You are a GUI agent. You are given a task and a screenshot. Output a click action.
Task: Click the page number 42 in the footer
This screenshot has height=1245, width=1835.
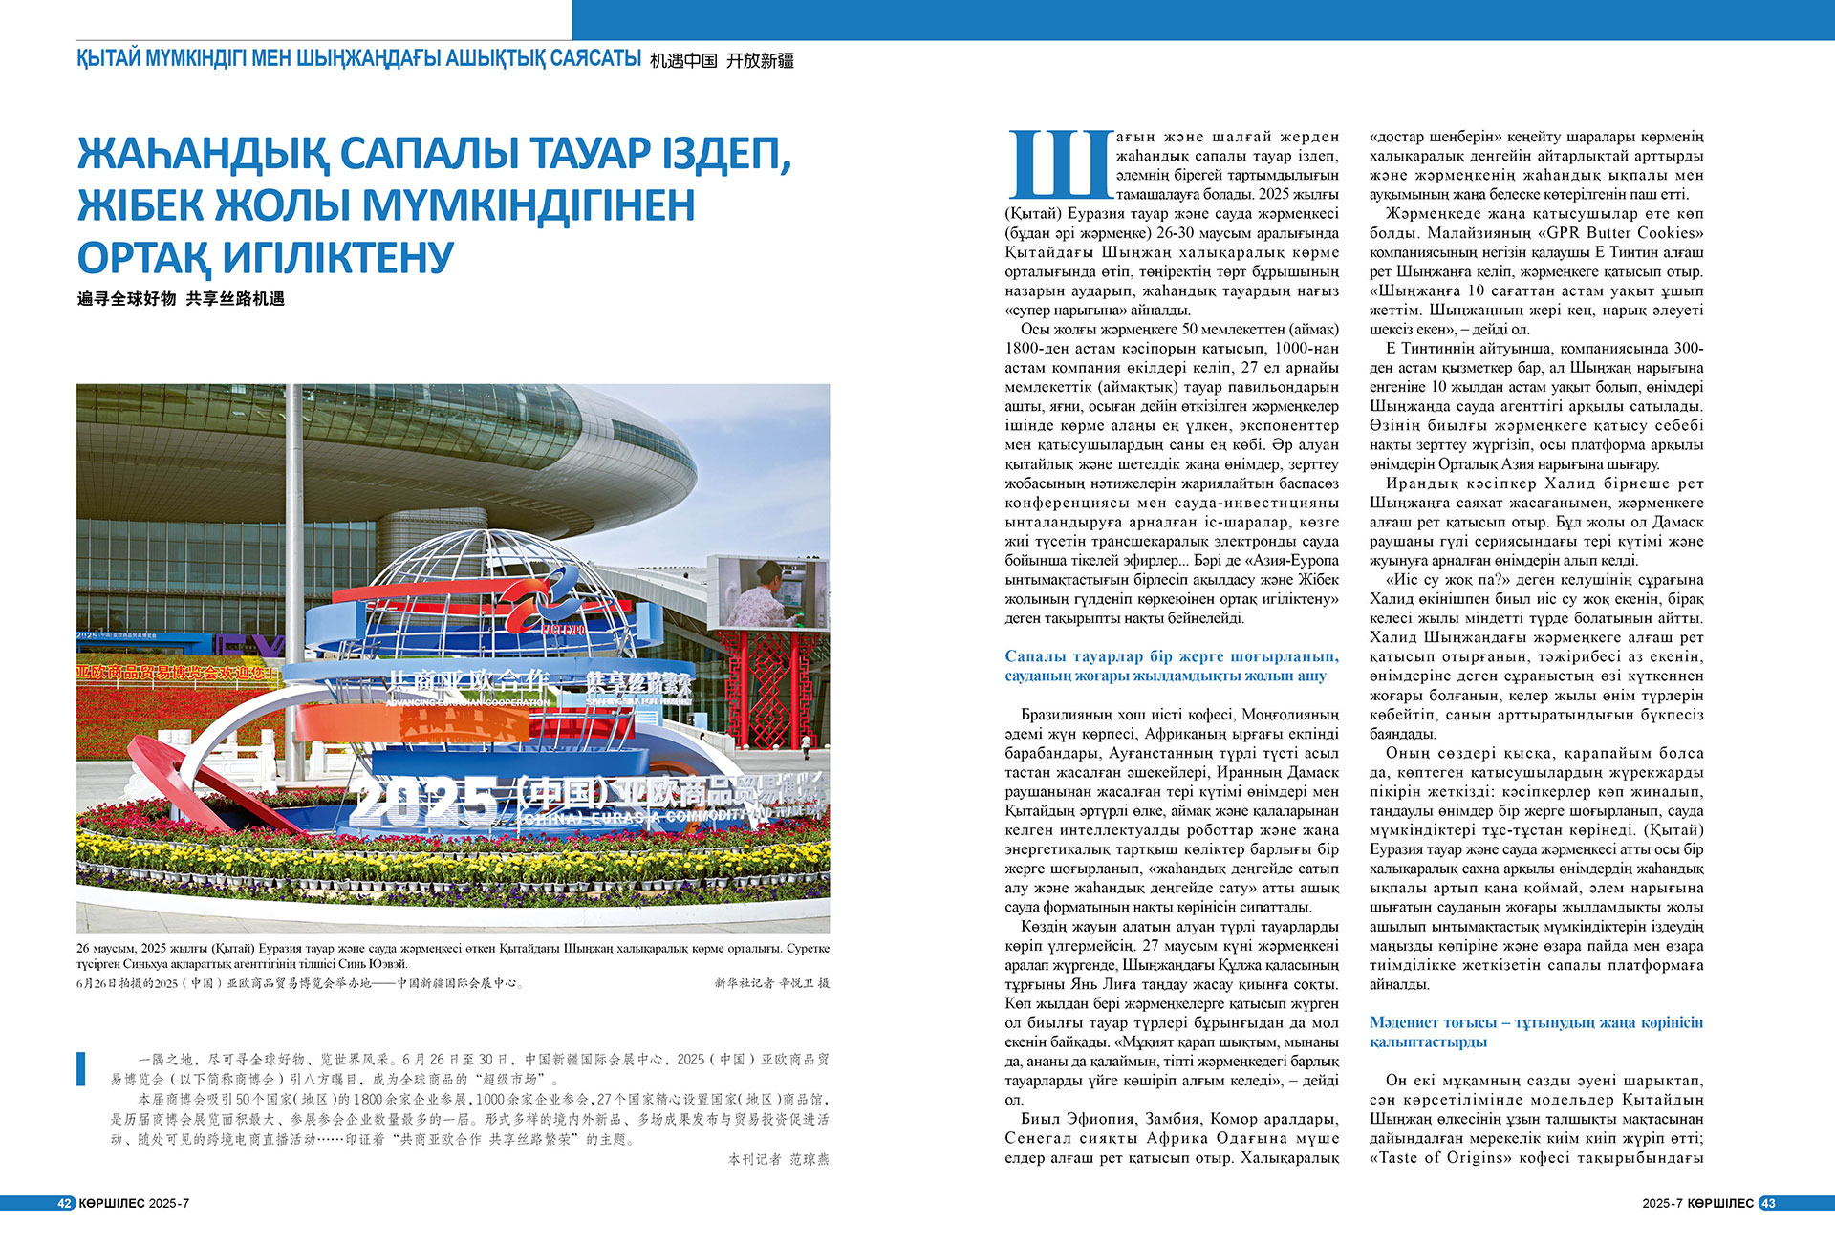pyautogui.click(x=64, y=1203)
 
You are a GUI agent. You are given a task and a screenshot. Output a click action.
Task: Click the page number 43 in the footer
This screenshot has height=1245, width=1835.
pyautogui.click(x=1767, y=1203)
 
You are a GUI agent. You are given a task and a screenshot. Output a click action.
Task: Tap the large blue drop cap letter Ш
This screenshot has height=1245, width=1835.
pyautogui.click(x=1058, y=164)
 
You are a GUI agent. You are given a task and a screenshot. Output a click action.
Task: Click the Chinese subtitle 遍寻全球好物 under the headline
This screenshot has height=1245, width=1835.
pyautogui.click(x=127, y=299)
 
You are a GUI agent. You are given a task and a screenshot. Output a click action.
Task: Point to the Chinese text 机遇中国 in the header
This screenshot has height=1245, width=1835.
pyautogui.click(x=683, y=61)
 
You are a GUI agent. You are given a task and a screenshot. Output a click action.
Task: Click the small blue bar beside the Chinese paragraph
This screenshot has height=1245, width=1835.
pyautogui.click(x=81, y=1067)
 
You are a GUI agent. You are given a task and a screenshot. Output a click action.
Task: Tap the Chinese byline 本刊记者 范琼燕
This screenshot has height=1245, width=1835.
pyautogui.click(x=778, y=1159)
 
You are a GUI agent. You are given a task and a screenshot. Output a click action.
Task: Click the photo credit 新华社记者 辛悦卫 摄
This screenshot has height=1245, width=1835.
pyautogui.click(x=771, y=982)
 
